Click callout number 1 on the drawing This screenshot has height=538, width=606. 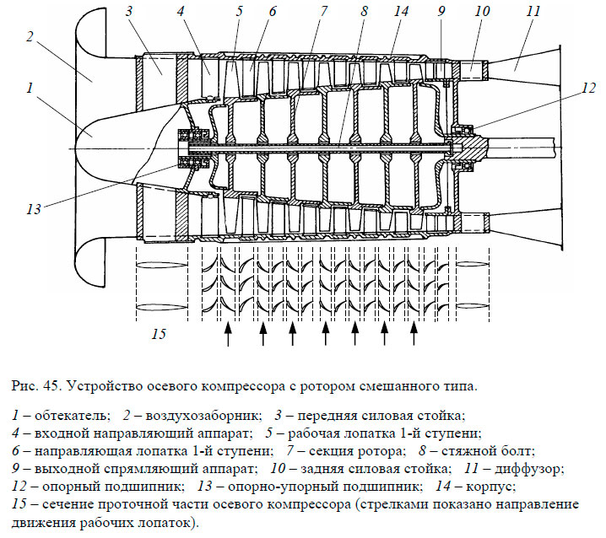click(30, 87)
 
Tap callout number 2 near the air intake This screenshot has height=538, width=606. click(30, 37)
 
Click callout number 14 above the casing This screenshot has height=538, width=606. click(400, 12)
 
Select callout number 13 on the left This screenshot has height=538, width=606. click(35, 207)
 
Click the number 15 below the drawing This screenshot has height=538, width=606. click(159, 334)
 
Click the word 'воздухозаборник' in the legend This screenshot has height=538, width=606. click(199, 417)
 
